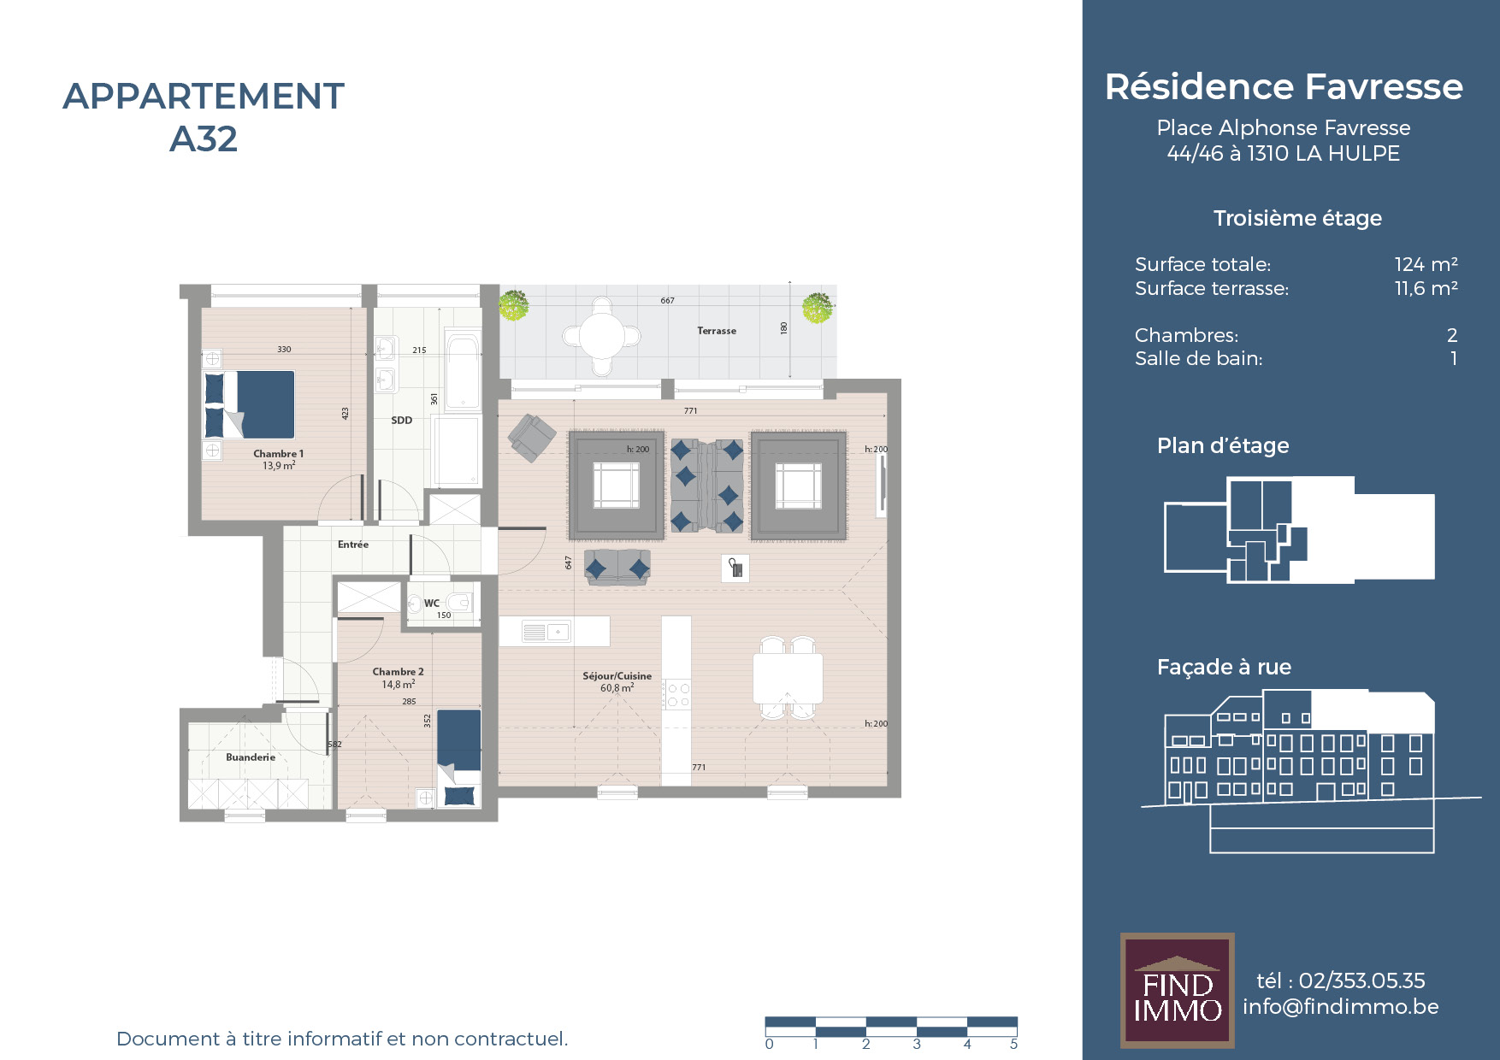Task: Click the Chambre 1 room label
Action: pos(278,454)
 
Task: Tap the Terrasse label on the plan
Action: pos(717,331)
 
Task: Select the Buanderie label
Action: pos(251,757)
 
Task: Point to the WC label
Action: pos(432,603)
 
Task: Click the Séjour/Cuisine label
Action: pos(617,675)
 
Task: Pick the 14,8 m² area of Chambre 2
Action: pos(399,684)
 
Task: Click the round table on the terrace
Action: pos(602,336)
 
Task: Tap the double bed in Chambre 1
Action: pos(249,404)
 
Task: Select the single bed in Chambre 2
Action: pos(459,757)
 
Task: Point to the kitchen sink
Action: pos(546,633)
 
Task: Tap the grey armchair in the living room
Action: pos(532,437)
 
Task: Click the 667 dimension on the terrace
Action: pos(667,300)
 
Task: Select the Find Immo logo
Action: pos(1178,991)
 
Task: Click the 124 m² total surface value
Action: pos(1426,264)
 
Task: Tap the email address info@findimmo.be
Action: pos(1340,1006)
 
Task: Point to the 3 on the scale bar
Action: pos(917,1044)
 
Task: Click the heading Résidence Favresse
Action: pos(1284,86)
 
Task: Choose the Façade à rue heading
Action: pos(1224,667)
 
